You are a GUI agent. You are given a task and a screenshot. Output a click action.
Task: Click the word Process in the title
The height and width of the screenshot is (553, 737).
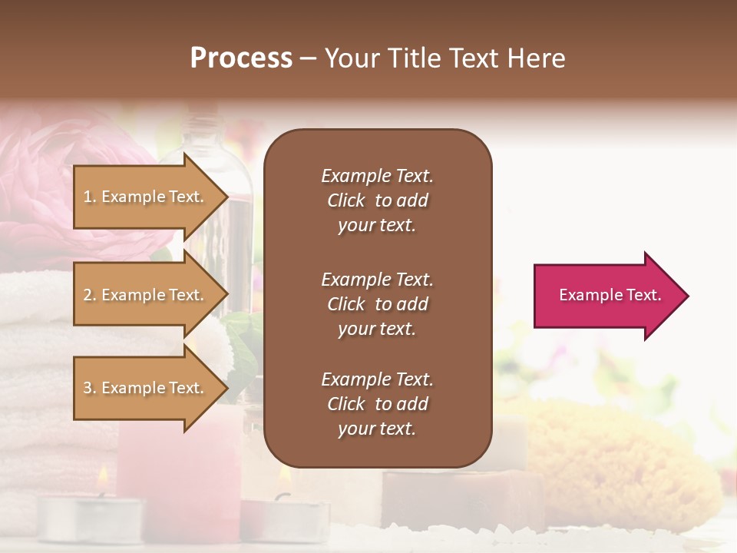click(241, 58)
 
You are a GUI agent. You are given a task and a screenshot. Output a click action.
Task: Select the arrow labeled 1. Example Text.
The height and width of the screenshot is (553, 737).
click(144, 197)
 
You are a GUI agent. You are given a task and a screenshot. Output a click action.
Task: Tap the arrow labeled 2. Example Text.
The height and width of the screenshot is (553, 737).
click(144, 295)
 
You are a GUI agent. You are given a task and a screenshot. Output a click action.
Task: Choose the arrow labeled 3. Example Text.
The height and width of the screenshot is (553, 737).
click(144, 388)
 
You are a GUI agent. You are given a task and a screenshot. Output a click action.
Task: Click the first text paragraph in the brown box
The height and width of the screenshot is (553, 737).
click(377, 200)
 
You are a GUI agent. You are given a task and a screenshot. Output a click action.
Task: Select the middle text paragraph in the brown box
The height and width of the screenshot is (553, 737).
click(377, 304)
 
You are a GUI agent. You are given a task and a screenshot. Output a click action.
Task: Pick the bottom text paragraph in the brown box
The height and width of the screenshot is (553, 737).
click(377, 404)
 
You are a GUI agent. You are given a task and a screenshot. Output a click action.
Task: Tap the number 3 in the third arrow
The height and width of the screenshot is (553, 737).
click(88, 388)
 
